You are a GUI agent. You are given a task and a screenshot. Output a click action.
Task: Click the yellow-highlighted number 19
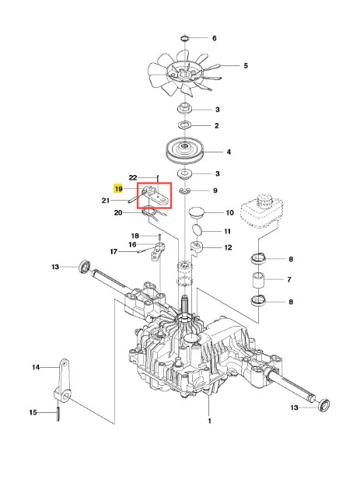pyautogui.click(x=118, y=188)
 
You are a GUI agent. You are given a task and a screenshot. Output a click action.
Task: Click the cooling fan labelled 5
pyautogui.click(x=183, y=75)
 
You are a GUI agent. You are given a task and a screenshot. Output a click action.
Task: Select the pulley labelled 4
pyautogui.click(x=184, y=151)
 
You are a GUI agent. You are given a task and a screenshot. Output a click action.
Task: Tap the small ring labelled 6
pyautogui.click(x=185, y=38)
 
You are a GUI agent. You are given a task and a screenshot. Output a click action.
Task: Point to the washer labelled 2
pyautogui.click(x=185, y=126)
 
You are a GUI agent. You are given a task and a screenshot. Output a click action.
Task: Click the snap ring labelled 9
pyautogui.click(x=185, y=191)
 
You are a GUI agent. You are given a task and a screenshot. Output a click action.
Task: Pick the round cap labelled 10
pyautogui.click(x=197, y=212)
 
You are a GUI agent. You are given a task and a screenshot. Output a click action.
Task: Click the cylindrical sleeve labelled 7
pyautogui.click(x=259, y=280)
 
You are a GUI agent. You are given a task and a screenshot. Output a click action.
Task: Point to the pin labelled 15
pyautogui.click(x=58, y=414)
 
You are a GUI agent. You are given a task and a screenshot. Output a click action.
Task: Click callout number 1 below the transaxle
pyautogui.click(x=209, y=421)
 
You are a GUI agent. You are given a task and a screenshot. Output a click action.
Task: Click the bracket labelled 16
pyautogui.click(x=158, y=251)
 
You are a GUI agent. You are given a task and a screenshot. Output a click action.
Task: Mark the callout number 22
pyautogui.click(x=133, y=177)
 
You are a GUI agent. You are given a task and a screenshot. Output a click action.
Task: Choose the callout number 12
pyautogui.click(x=228, y=247)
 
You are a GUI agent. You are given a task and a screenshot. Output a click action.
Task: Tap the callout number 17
pyautogui.click(x=114, y=251)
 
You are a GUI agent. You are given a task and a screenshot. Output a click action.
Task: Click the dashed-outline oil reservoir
pyautogui.click(x=262, y=211)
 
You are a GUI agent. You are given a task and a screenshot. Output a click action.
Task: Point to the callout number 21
pyautogui.click(x=106, y=201)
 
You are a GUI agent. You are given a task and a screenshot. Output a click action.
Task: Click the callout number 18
pyautogui.click(x=135, y=236)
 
